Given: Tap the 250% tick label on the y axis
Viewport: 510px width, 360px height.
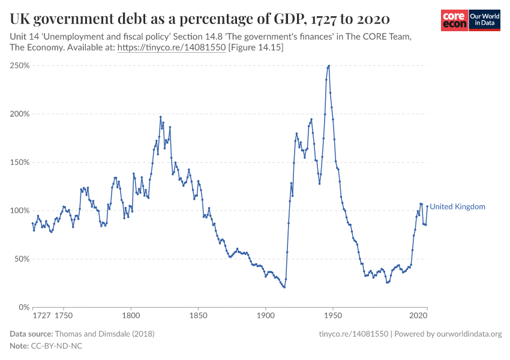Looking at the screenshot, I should pyautogui.click(x=20, y=65).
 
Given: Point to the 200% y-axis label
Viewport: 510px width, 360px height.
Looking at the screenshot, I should pyautogui.click(x=20, y=114).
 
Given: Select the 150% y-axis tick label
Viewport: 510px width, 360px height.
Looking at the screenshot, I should pyautogui.click(x=20, y=162).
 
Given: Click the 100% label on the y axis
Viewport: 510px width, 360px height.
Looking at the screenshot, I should pyautogui.click(x=20, y=211).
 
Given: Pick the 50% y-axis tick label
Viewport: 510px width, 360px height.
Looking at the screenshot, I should pyautogui.click(x=22, y=259).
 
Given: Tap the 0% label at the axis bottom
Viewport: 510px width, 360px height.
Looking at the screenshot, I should pyautogui.click(x=24, y=307).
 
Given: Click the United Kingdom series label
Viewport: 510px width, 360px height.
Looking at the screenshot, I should pyautogui.click(x=457, y=206).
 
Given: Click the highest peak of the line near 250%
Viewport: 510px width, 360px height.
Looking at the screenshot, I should pyautogui.click(x=329, y=65).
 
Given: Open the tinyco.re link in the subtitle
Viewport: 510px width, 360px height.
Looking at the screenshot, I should pyautogui.click(x=171, y=47).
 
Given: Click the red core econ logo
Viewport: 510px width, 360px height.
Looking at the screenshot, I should pyautogui.click(x=454, y=20).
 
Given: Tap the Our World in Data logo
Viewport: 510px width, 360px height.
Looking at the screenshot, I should pyautogui.click(x=484, y=20).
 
